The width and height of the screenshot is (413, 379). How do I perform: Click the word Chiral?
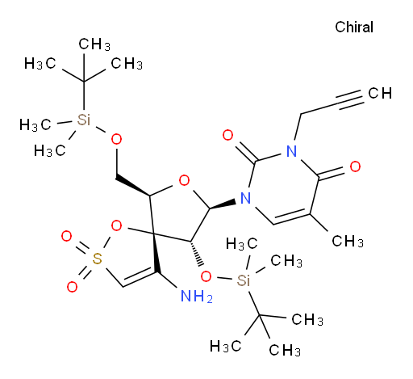[x=354, y=27]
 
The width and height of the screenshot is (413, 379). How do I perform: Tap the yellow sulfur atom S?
[x=97, y=259]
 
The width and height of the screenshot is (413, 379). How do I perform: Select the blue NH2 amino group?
[x=197, y=296]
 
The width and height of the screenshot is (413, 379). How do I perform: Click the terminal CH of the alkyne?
[x=380, y=93]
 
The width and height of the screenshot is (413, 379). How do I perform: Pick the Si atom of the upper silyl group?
[x=84, y=120]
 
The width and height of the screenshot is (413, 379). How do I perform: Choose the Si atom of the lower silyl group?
[x=244, y=280]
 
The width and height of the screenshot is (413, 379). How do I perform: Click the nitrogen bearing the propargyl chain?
[x=292, y=151]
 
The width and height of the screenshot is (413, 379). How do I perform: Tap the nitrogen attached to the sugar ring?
[x=245, y=198]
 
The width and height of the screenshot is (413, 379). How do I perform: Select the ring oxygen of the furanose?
[x=184, y=180]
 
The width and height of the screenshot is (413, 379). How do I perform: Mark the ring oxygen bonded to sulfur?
[x=116, y=225]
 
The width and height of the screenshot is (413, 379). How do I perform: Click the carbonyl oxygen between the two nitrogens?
[x=227, y=135]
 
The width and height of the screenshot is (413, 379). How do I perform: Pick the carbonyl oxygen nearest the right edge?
[x=355, y=166]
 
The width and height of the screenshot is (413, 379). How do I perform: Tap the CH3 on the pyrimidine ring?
[x=348, y=241]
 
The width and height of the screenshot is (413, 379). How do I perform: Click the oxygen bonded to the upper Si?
[x=116, y=139]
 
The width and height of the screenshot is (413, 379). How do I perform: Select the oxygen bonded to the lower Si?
[x=206, y=276]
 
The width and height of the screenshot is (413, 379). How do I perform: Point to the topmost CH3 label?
[x=94, y=44]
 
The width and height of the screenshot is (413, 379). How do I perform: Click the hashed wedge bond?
[x=197, y=253]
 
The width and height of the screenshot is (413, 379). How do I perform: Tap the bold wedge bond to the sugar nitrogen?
[x=223, y=204]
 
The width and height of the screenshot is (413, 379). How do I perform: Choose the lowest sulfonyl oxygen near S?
[x=72, y=287]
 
